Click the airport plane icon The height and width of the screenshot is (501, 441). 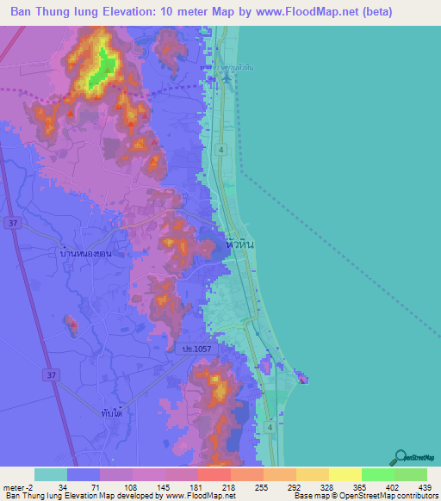coord(226,79)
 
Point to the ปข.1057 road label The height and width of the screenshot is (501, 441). coord(193,349)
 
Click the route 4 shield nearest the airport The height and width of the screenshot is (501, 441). coord(222,150)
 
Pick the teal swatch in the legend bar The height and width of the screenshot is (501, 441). coord(51,474)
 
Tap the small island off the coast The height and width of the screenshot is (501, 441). coord(302,377)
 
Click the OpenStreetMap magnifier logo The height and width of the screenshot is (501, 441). coord(401,457)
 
